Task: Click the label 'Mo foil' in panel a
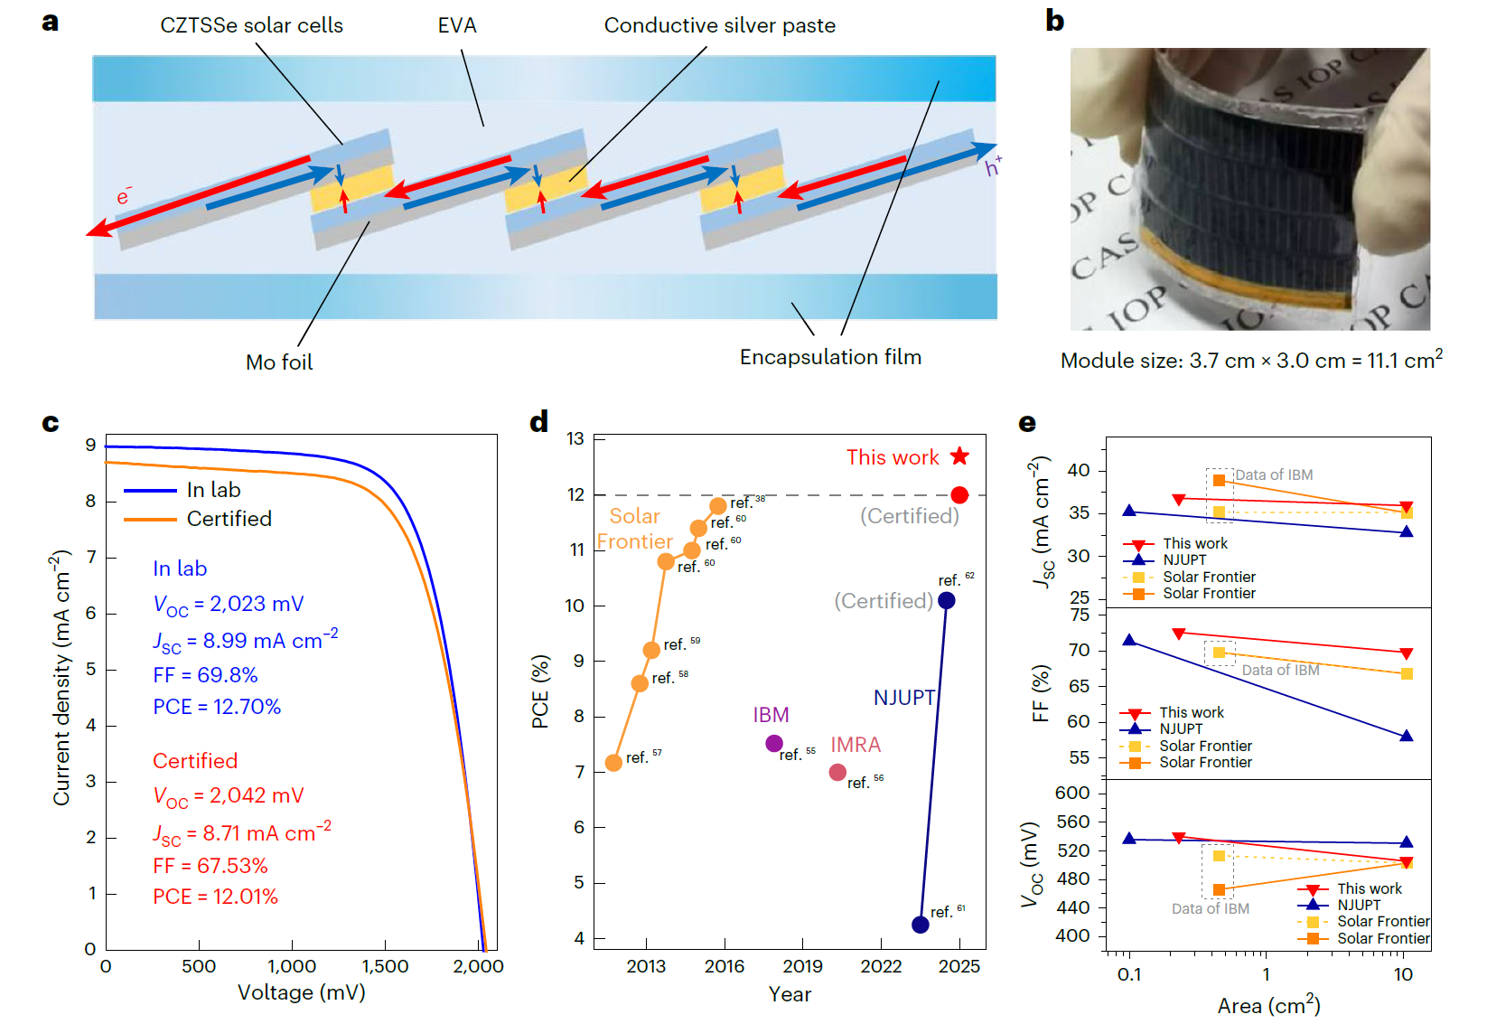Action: [x=279, y=362]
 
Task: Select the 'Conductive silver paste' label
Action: [x=719, y=25]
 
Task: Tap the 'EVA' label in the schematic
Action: [x=457, y=25]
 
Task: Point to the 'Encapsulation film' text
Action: [x=830, y=357]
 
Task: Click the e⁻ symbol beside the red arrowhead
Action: [x=124, y=196]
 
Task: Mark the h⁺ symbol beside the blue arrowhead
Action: [x=993, y=167]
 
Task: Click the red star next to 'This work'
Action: [x=959, y=456]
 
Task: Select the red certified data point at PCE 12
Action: [x=959, y=495]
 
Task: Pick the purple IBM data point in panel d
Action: [x=774, y=743]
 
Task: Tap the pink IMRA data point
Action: [x=837, y=772]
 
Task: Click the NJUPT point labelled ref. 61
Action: [x=921, y=924]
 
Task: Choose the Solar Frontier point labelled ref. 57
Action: [x=613, y=763]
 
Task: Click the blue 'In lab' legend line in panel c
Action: [x=150, y=491]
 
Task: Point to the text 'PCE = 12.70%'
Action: [x=217, y=707]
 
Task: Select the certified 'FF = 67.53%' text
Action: [x=210, y=866]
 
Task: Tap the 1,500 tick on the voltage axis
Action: [x=385, y=966]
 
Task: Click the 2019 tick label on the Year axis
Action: [x=802, y=966]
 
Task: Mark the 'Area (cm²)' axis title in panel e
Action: [x=1268, y=1006]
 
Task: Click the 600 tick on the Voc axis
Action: [x=1072, y=793]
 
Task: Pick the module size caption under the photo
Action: [x=1251, y=361]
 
